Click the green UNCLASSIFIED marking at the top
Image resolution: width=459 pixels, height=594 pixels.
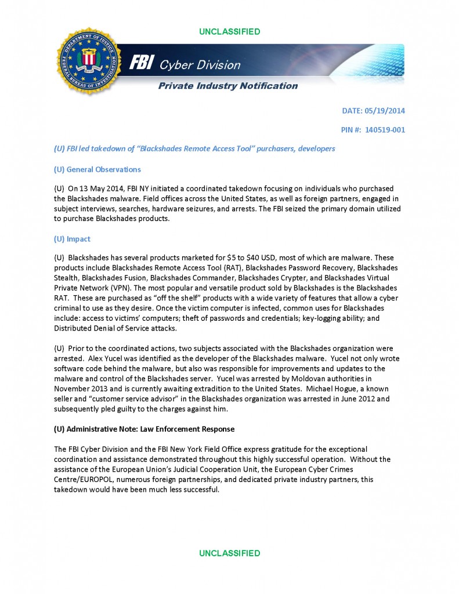(x=229, y=31)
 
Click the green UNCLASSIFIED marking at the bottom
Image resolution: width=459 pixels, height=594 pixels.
(x=229, y=553)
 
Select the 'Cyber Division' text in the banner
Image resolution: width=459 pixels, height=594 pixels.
(x=201, y=65)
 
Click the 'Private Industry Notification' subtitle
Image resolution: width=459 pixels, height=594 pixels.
(x=229, y=86)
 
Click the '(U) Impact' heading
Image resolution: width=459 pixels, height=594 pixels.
(x=72, y=239)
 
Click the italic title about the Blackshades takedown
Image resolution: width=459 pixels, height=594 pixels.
(x=194, y=149)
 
